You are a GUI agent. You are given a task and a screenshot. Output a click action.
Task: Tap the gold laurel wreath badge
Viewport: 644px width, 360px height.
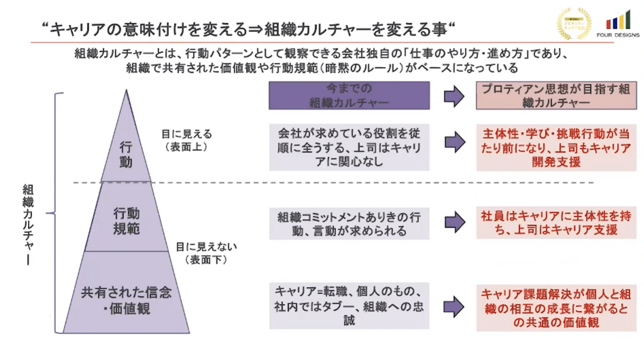click(574, 23)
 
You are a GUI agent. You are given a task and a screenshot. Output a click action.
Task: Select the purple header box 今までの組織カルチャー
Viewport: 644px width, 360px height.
click(349, 96)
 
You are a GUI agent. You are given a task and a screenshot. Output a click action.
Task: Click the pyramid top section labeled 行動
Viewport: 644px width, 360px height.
click(126, 154)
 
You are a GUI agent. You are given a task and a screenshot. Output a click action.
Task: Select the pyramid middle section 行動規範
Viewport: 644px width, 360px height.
click(126, 221)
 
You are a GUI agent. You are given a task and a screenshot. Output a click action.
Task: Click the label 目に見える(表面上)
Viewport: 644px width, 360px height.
click(186, 140)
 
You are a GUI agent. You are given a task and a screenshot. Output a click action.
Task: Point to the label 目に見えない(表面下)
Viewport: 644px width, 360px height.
click(206, 253)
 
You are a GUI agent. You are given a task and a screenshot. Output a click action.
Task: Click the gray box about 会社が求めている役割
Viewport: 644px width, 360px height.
click(349, 147)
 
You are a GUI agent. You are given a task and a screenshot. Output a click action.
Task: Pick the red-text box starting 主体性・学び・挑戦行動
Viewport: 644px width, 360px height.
click(556, 148)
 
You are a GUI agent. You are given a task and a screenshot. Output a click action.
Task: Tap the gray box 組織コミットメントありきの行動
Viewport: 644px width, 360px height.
click(349, 223)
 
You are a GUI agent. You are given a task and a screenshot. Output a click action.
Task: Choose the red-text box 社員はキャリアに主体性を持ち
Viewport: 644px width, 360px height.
click(556, 223)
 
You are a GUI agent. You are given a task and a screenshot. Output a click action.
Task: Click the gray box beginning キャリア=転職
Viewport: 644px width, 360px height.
click(349, 305)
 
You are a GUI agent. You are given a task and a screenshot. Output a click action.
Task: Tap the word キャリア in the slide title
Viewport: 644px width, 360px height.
click(79, 29)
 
